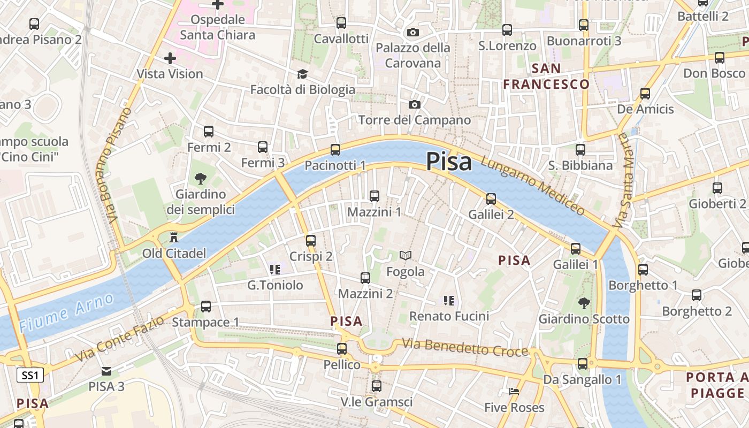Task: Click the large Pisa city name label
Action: coord(449,162)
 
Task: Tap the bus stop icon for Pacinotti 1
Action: coord(335,150)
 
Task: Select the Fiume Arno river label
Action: coord(66,312)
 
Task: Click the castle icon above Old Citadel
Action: coord(174,237)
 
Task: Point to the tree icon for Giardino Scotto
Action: coord(584,303)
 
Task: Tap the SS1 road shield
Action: coord(30,376)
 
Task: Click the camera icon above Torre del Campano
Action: coord(414,104)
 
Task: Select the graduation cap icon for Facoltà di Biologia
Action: coord(303,74)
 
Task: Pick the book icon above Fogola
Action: coord(406,256)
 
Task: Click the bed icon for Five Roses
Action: coord(514,392)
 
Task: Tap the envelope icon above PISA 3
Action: coord(106,371)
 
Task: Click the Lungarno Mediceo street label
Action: coord(533,185)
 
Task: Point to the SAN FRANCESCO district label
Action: coord(546,76)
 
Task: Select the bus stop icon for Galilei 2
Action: coord(491,199)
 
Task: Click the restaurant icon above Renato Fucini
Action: coord(449,300)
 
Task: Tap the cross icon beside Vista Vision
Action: coord(170,58)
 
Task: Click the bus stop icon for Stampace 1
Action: coord(206,307)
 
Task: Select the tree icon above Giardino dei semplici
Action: coord(201,178)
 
